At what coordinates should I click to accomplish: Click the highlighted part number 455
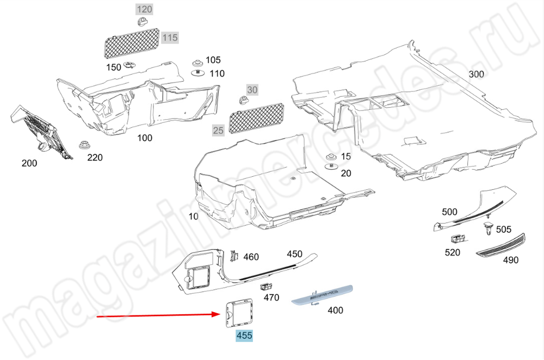point(244,336)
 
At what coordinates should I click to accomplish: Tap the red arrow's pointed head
point(221,314)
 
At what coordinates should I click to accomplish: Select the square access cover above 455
point(239,313)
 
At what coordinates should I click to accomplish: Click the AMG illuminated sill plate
point(322,295)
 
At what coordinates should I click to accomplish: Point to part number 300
point(477,74)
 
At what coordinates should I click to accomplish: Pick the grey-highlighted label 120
point(144,9)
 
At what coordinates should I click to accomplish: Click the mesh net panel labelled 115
point(132,42)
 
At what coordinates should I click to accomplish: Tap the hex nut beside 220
point(84,145)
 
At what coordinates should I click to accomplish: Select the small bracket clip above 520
point(458,239)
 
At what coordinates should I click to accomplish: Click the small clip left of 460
point(234,256)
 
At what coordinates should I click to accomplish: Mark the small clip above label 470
point(266,287)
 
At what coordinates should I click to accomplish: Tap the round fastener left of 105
point(198,63)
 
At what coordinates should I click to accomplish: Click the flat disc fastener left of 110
point(198,73)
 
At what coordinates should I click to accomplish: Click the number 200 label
point(29,163)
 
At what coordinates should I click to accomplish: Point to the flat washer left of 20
point(331,167)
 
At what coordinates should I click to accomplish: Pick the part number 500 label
point(449,212)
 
